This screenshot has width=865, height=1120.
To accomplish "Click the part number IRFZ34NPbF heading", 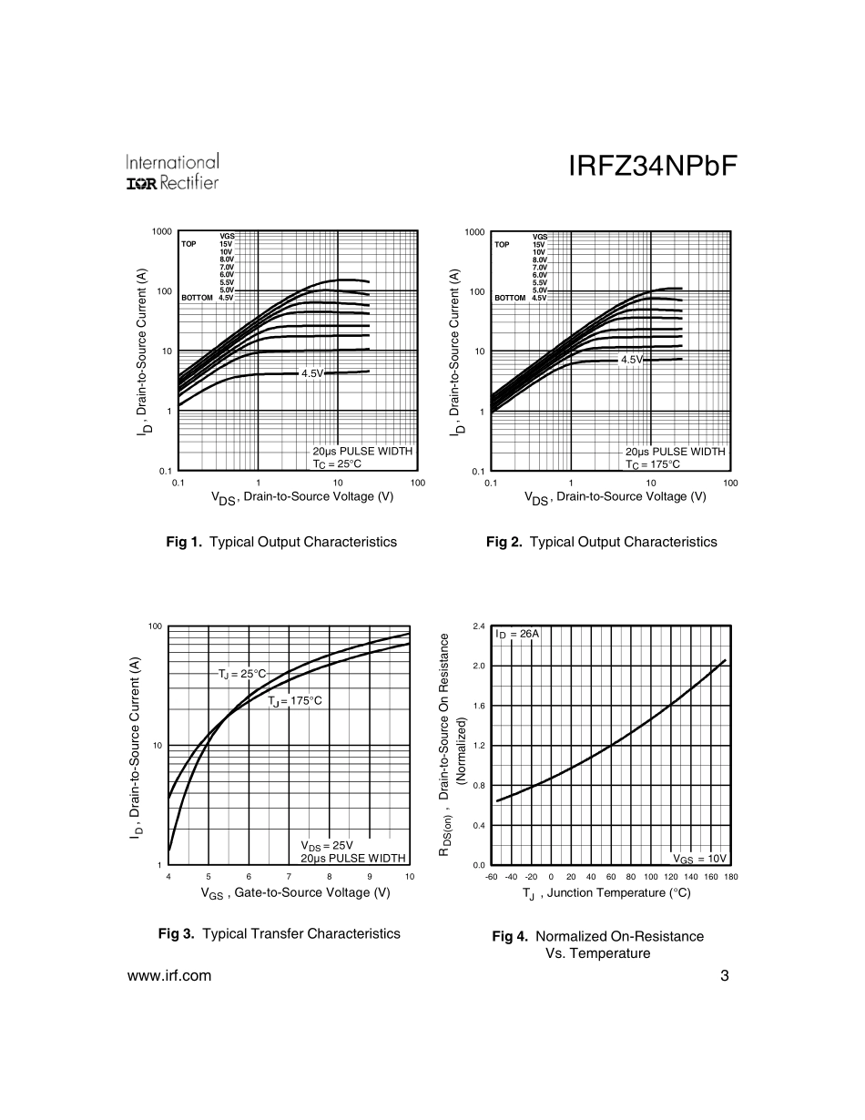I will click(x=652, y=167).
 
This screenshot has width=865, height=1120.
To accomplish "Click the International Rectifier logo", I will click(x=172, y=172).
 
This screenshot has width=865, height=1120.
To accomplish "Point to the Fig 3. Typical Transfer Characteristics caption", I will click(x=279, y=933).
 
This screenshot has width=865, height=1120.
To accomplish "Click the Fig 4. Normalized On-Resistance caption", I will click(x=597, y=944).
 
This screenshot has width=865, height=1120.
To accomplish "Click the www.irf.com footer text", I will click(x=169, y=976).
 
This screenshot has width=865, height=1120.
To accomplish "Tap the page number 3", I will click(x=724, y=976).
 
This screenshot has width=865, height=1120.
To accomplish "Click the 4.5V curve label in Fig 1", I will click(x=312, y=373).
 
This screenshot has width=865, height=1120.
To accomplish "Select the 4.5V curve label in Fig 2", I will click(x=632, y=360).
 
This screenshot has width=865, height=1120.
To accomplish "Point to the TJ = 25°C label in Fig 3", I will click(x=242, y=674).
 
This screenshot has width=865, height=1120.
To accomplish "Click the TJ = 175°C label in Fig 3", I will click(x=295, y=701).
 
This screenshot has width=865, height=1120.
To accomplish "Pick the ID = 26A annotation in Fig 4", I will click(x=517, y=634).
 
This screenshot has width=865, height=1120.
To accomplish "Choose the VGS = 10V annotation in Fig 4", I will click(x=699, y=858).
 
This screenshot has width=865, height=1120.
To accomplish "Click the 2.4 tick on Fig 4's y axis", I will click(x=479, y=626).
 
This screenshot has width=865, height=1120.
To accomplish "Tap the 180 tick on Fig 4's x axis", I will click(x=730, y=876).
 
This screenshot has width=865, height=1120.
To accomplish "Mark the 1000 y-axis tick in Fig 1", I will click(x=162, y=231).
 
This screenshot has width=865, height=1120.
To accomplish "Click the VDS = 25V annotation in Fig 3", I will click(x=327, y=845).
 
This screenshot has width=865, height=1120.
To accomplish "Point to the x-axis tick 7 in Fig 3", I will click(x=289, y=876).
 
